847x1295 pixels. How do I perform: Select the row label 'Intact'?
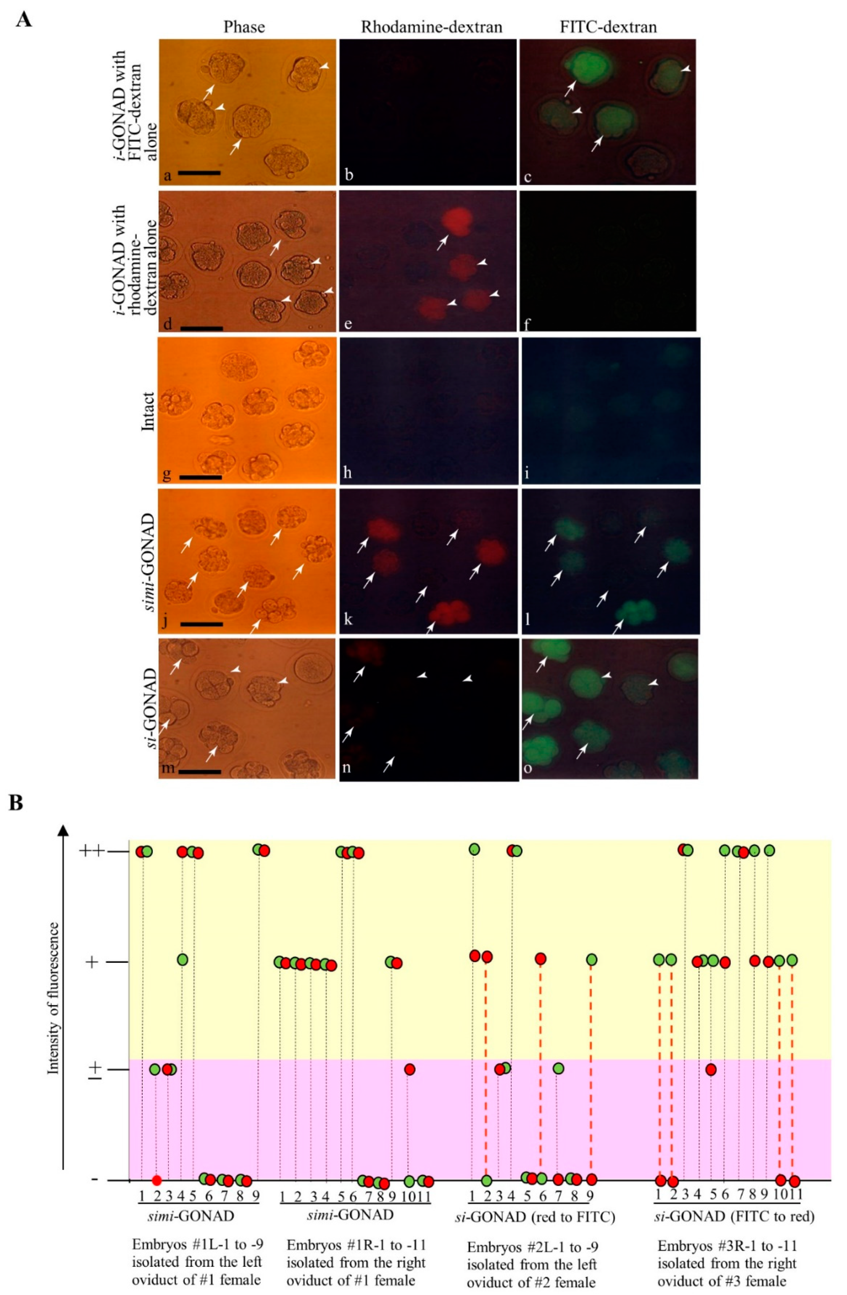pos(148,411)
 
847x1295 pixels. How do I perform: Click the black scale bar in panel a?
pos(199,173)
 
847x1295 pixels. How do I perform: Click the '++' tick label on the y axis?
pos(92,850)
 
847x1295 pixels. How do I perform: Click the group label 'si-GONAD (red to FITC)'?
pos(534,1216)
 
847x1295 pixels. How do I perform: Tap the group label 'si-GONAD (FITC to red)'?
pos(734,1216)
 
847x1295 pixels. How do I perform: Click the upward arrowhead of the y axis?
pos(64,830)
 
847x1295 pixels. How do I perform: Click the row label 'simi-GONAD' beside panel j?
pos(148,561)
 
